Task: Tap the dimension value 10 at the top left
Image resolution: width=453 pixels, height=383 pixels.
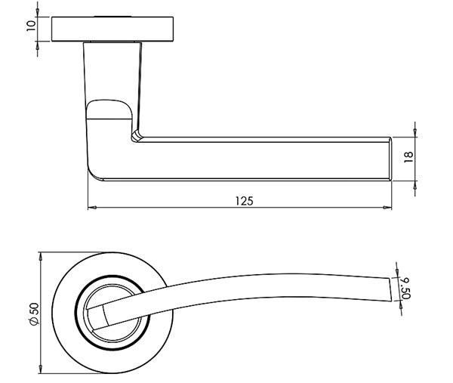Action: [x=30, y=26]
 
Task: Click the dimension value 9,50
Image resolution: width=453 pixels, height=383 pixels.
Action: [x=406, y=287]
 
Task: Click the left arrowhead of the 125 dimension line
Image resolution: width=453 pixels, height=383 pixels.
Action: [x=91, y=207]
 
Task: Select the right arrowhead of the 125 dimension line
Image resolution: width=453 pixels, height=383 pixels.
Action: [x=389, y=207]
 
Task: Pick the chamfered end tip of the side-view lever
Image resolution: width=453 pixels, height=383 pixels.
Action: [x=390, y=159]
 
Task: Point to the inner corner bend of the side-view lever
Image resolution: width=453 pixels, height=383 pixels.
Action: [x=137, y=136]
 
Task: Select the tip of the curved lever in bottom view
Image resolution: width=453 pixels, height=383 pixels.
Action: [x=391, y=289]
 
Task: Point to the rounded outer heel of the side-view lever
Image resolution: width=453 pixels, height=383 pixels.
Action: [x=95, y=175]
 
